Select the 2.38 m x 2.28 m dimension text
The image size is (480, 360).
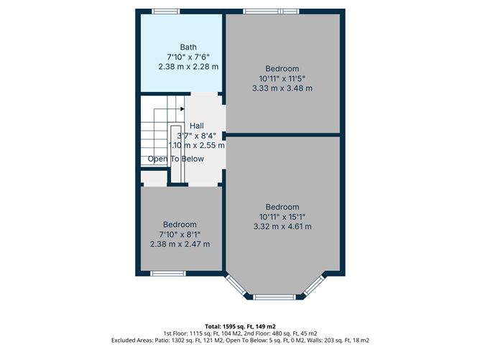(188, 66)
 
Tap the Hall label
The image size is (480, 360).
(196, 126)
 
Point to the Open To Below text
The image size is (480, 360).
(176, 159)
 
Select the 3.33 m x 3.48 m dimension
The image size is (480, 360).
(282, 88)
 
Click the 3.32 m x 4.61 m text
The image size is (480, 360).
(282, 227)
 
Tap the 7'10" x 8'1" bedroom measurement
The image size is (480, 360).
(180, 234)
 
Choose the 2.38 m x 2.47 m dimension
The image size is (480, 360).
(180, 244)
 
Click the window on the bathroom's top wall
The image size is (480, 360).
(166, 11)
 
